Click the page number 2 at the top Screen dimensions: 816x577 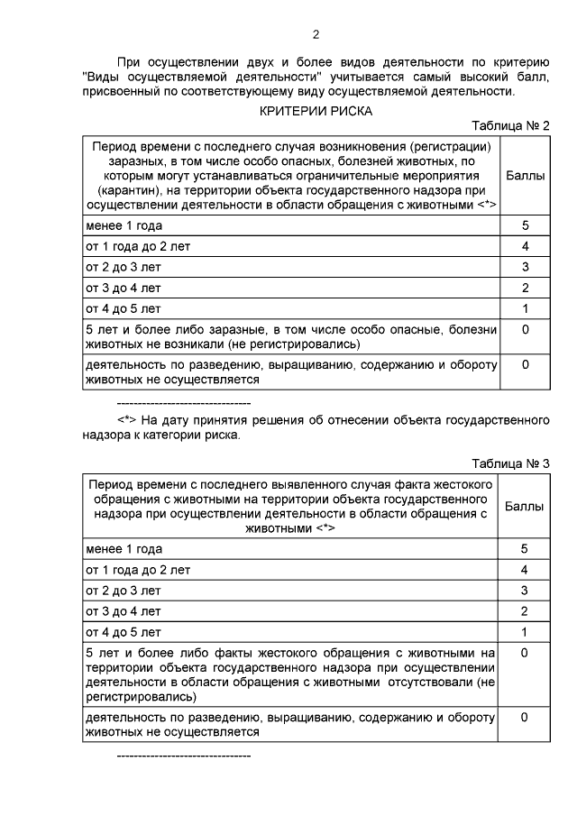pyautogui.click(x=316, y=36)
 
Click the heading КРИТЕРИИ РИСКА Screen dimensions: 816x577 pyautogui.click(x=316, y=110)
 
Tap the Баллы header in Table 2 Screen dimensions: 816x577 pyautogui.click(x=526, y=176)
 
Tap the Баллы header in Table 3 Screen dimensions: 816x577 pyautogui.click(x=526, y=506)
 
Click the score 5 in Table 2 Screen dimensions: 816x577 pyautogui.click(x=525, y=225)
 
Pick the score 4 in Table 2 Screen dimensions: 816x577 pyautogui.click(x=525, y=246)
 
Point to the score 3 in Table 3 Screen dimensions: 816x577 pyautogui.click(x=525, y=591)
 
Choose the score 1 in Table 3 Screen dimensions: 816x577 pyautogui.click(x=525, y=632)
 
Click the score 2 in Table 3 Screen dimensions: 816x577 pyautogui.click(x=525, y=611)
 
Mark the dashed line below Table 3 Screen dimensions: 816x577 pyautogui.click(x=184, y=752)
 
